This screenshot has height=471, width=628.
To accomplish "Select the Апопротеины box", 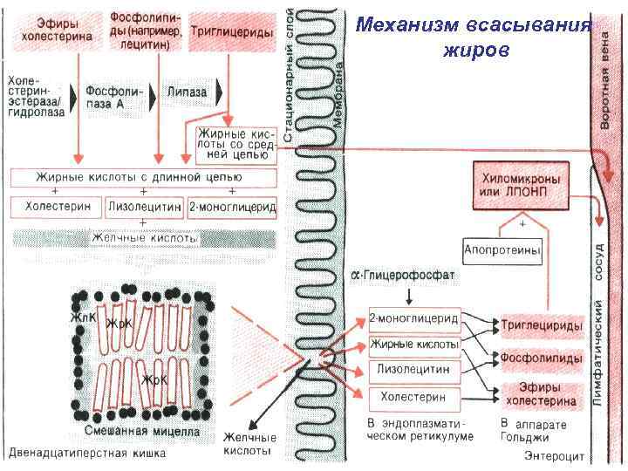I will point(502,249).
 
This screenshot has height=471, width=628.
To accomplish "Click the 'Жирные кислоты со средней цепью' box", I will point(230,142).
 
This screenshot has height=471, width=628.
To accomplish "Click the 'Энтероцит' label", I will point(556,455).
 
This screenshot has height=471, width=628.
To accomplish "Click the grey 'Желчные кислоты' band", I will point(145,237).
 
